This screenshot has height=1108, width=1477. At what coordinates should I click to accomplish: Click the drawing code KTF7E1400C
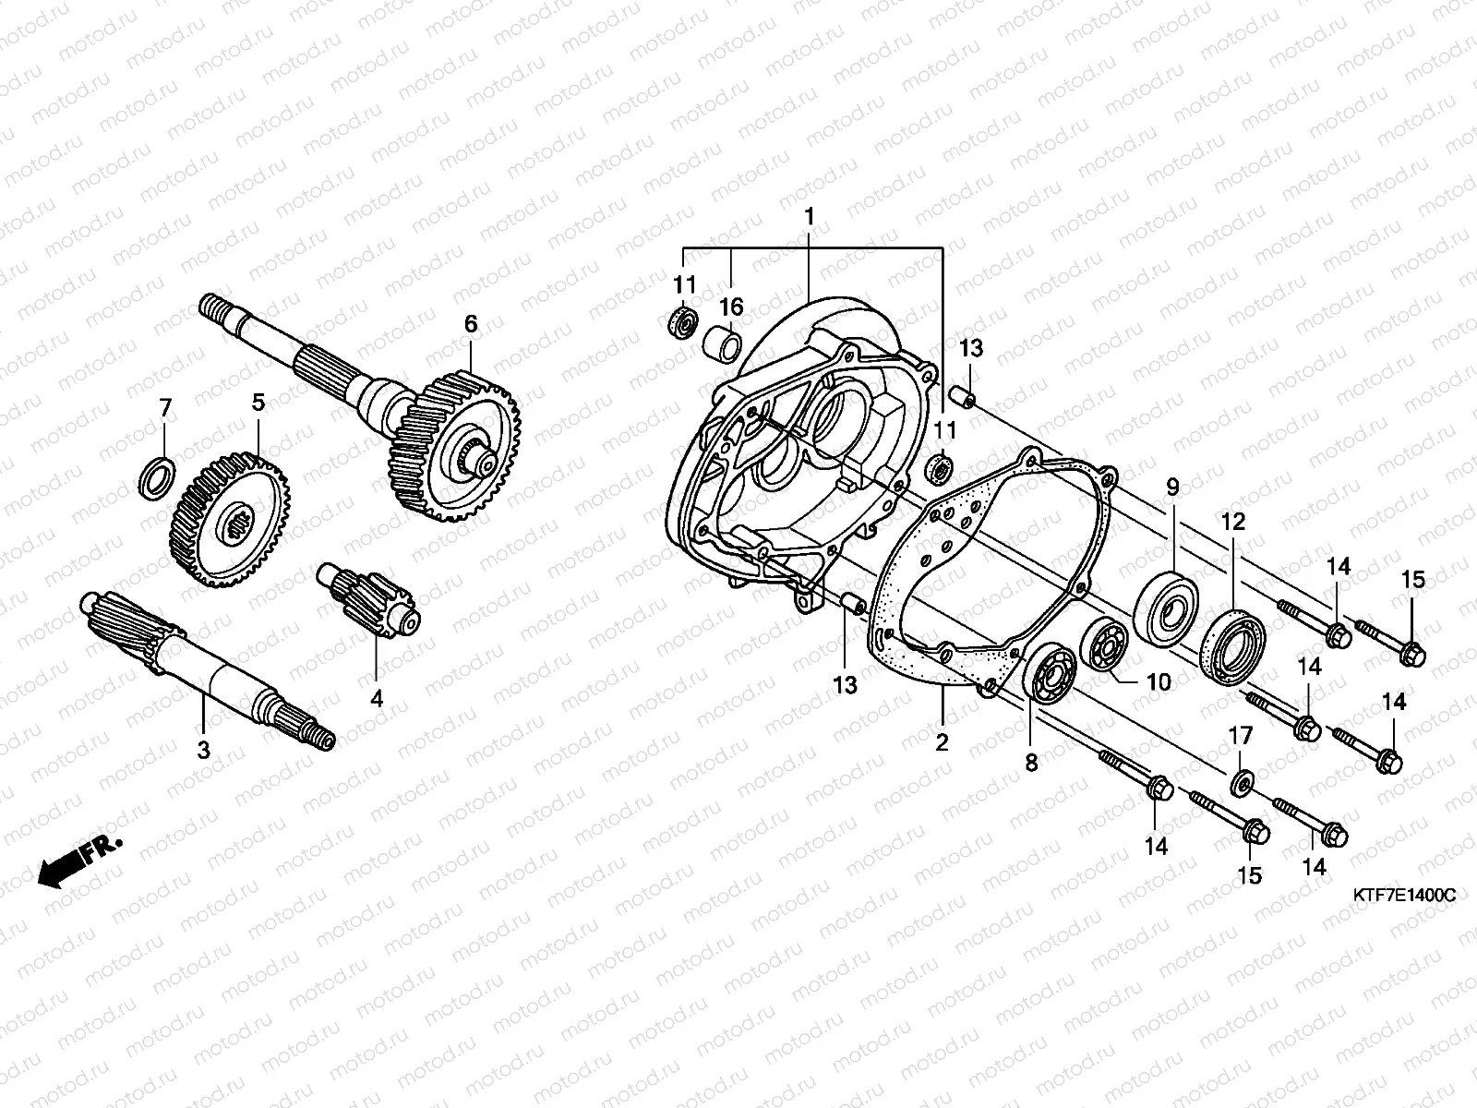[x=1404, y=895]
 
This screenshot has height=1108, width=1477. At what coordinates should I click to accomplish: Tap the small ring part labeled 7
[x=157, y=475]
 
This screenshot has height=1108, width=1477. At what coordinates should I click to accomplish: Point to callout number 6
[x=471, y=323]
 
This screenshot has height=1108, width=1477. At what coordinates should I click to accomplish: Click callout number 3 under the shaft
[x=203, y=750]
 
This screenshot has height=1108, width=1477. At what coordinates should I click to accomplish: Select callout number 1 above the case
[x=809, y=219]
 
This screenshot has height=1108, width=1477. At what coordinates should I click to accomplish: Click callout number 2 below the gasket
[x=942, y=741]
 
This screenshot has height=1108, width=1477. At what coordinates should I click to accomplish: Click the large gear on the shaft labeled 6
[x=457, y=443]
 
